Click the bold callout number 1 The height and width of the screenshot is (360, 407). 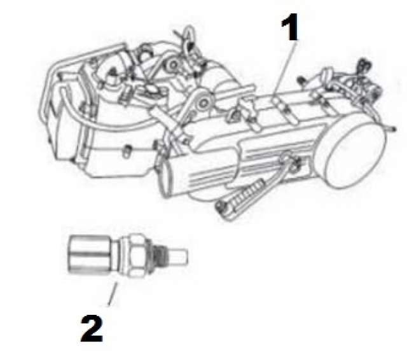point(290,27)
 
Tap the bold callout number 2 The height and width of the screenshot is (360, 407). point(92,328)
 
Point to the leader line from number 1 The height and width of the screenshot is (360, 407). point(285,68)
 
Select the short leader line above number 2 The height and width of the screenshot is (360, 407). point(113,294)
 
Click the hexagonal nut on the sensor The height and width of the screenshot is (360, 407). point(137,255)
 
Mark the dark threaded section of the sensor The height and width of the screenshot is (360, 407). point(157,256)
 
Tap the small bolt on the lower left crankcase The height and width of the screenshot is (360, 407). point(127,151)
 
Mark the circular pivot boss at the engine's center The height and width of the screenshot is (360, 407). point(203,102)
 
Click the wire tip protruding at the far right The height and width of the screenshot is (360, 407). point(391,128)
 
